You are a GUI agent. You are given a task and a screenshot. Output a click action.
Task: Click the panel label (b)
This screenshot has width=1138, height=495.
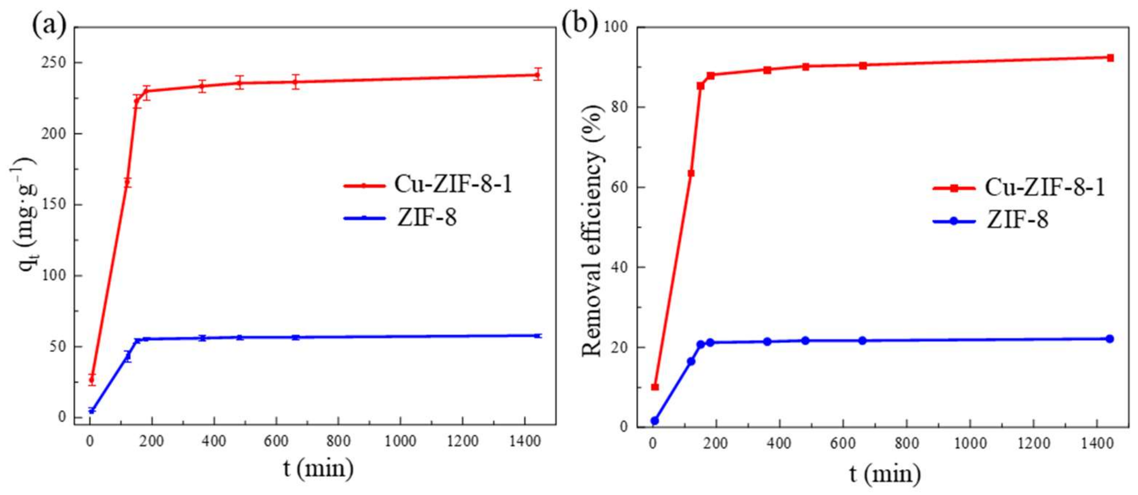(x=579, y=22)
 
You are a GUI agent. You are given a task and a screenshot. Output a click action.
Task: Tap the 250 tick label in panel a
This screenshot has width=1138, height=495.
(x=54, y=63)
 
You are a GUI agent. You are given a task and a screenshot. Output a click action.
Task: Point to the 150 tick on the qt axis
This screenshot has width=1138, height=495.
(x=54, y=204)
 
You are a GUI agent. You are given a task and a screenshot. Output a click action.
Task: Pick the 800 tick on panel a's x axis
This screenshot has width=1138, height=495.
(x=338, y=441)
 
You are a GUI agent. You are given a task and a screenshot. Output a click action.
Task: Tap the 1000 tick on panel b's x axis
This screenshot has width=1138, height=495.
(x=970, y=443)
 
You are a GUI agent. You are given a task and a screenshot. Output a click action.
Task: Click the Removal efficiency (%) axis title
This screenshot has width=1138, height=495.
(x=592, y=230)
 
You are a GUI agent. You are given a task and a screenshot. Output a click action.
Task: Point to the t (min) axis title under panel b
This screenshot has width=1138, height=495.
(x=885, y=474)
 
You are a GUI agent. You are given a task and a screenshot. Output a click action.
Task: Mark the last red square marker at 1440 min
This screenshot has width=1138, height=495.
(x=1110, y=58)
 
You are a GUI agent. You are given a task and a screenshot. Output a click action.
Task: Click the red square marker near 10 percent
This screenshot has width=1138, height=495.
(x=655, y=387)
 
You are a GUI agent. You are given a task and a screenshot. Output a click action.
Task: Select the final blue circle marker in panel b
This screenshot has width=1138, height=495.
(x=1109, y=339)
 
